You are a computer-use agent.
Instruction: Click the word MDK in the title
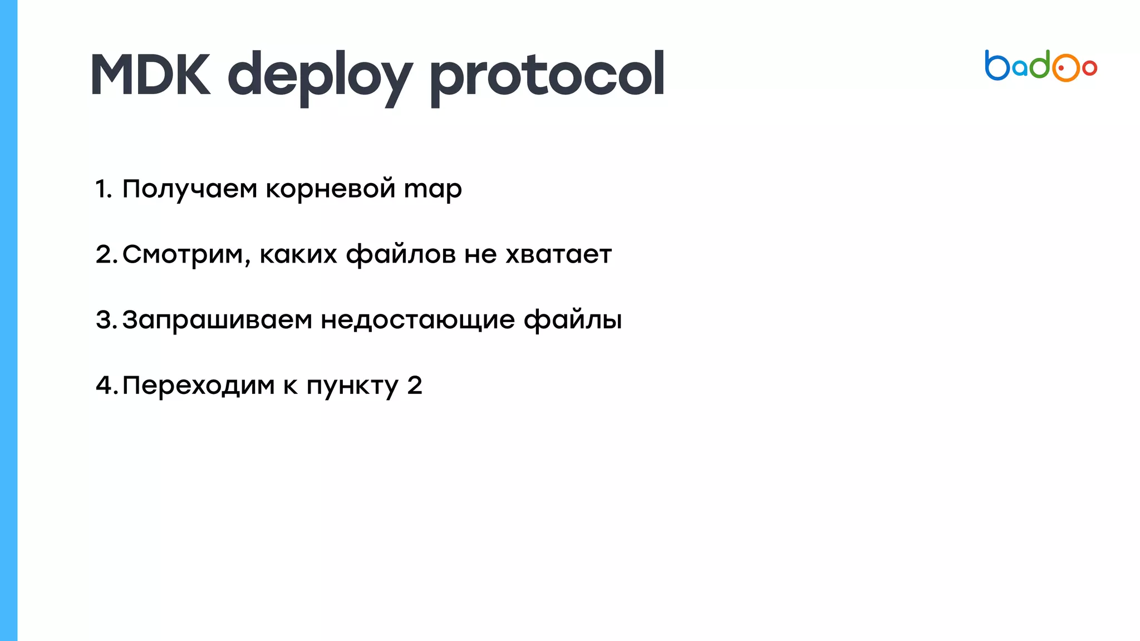150,75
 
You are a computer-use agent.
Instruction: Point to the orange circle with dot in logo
1065,68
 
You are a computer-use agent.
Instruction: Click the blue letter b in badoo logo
996,66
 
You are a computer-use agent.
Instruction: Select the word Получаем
189,189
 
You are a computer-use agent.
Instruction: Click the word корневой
330,189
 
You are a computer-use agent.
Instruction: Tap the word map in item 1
433,189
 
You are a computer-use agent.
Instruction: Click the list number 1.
102,189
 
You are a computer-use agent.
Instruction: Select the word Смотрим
183,255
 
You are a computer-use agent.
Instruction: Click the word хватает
558,255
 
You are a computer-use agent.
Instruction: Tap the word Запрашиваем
217,320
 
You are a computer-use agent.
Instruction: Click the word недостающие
417,320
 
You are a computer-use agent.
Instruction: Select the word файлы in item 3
572,320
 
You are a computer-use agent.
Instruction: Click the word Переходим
198,386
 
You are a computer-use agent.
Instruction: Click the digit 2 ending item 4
415,386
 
